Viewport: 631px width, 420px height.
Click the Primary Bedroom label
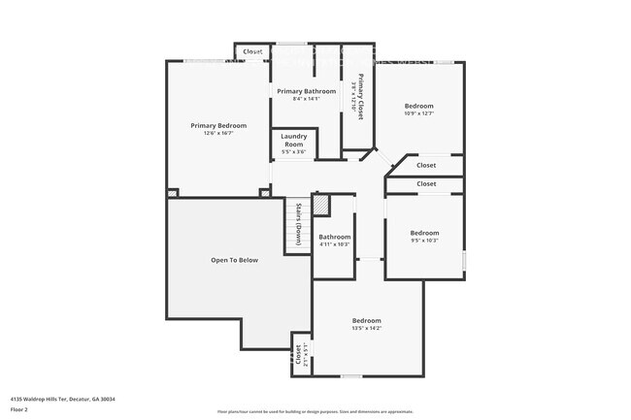pos(217,125)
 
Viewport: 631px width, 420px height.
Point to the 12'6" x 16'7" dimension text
pos(217,133)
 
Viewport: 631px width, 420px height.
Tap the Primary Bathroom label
pos(306,91)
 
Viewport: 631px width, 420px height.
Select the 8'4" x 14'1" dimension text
pos(306,99)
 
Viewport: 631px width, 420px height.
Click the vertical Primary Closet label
pos(360,97)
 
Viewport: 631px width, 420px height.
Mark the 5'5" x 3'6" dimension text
pos(293,151)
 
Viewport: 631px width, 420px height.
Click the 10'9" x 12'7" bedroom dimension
pos(419,113)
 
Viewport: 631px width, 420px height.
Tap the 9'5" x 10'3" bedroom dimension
pos(424,240)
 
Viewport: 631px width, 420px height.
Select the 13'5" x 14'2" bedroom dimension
pos(366,328)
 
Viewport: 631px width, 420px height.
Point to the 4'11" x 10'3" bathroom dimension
pos(334,244)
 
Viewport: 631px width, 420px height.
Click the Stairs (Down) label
pos(298,227)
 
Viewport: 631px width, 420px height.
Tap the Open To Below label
pos(235,260)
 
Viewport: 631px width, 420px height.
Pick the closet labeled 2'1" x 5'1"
pos(305,355)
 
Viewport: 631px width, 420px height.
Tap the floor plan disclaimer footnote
pos(315,411)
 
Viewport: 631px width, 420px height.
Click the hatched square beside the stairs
pos(320,206)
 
